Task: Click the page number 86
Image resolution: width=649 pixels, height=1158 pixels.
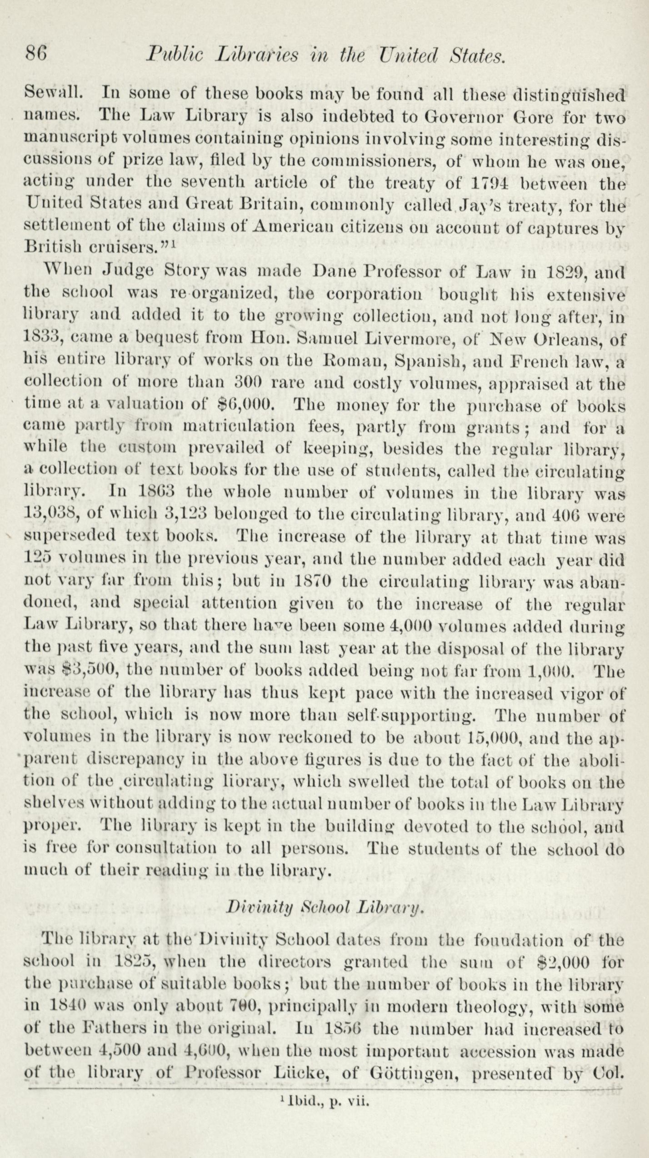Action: click(36, 55)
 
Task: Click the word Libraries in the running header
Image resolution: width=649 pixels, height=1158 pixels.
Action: click(257, 55)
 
